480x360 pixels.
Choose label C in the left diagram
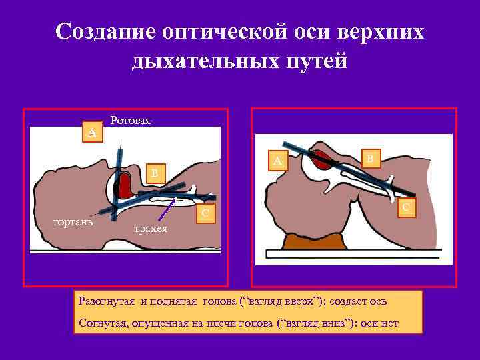tap(207, 213)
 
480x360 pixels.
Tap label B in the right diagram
tap(370, 157)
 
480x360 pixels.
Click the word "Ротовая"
tap(131, 121)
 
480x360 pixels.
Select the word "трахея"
tap(151, 229)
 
